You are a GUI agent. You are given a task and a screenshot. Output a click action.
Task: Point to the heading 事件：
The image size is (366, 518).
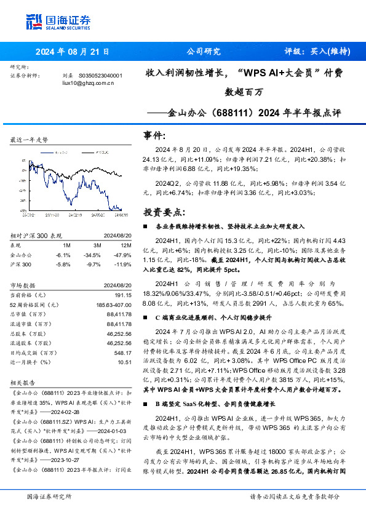coord(158,135)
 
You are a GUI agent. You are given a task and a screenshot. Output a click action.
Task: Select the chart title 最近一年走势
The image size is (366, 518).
coord(29,140)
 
